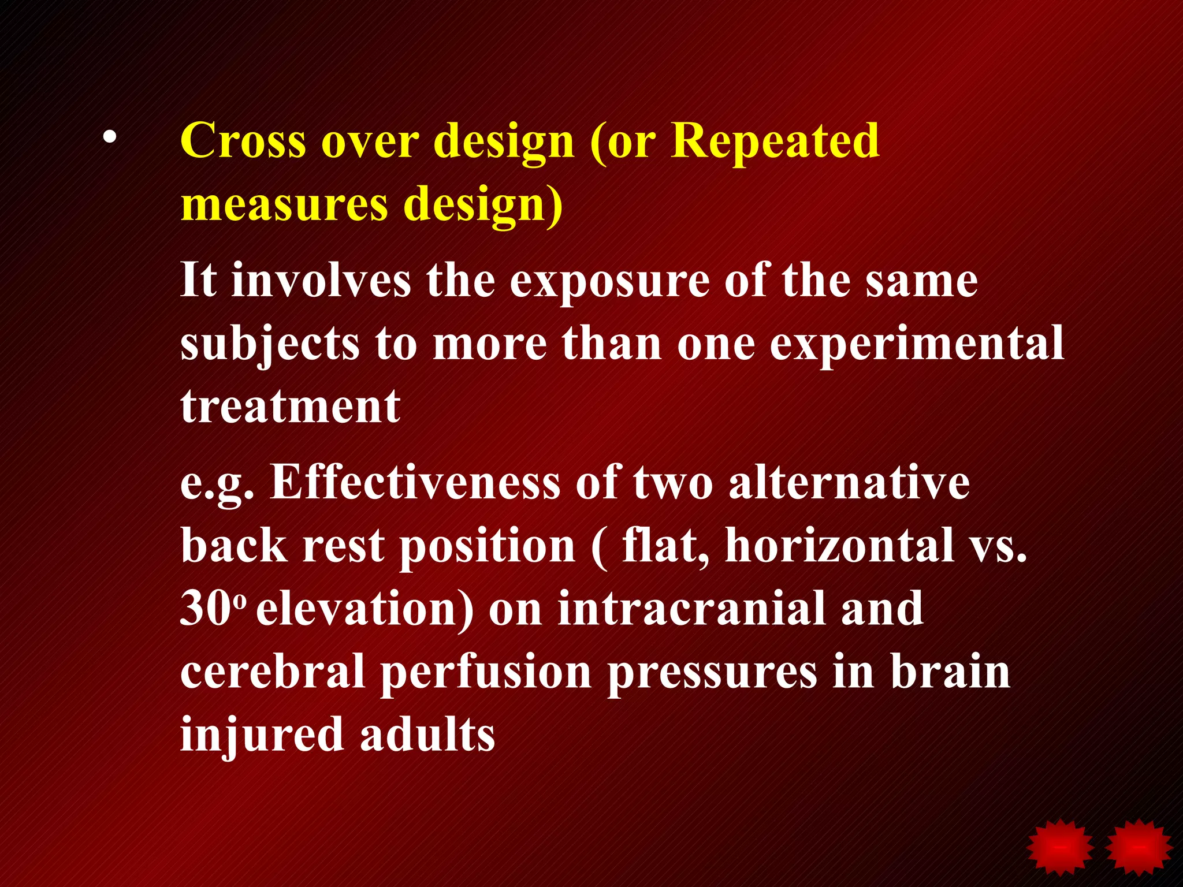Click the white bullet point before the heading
[110, 139]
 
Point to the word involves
[321, 281]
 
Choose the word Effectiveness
[415, 483]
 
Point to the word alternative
[849, 483]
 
